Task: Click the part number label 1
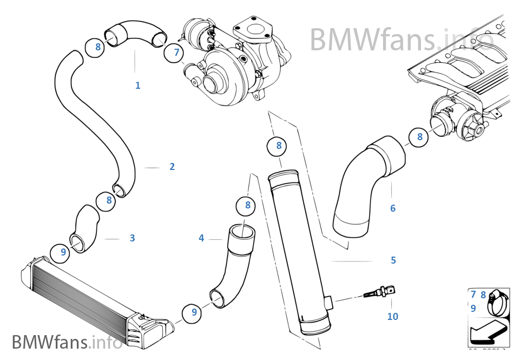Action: (x=137, y=85)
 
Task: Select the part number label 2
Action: (x=172, y=167)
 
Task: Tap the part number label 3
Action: (x=132, y=238)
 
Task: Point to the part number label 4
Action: (x=201, y=238)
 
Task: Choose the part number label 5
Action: (x=393, y=260)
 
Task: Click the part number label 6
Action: (x=393, y=208)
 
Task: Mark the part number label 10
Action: (x=393, y=316)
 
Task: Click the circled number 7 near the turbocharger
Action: (x=176, y=52)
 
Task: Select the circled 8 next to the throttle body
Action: (x=419, y=137)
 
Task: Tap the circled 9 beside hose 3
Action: (x=63, y=252)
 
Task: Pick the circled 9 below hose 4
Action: (x=194, y=312)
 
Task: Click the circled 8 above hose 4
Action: (x=247, y=205)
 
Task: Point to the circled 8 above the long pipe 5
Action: (x=279, y=145)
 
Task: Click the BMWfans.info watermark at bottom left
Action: (x=67, y=342)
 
